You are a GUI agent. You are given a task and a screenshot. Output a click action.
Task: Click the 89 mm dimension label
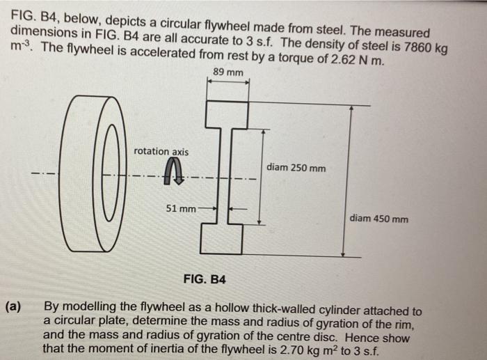point(228,72)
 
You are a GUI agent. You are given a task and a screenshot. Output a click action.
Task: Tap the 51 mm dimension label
point(180,208)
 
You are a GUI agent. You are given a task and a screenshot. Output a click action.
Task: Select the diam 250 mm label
point(296,168)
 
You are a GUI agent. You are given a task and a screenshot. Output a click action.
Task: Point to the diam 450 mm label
point(379,219)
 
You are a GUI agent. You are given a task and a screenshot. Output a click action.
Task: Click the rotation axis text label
point(161,151)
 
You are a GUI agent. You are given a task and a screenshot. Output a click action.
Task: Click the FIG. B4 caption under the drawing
point(205,279)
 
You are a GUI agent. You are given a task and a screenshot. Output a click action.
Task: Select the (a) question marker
point(13,306)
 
